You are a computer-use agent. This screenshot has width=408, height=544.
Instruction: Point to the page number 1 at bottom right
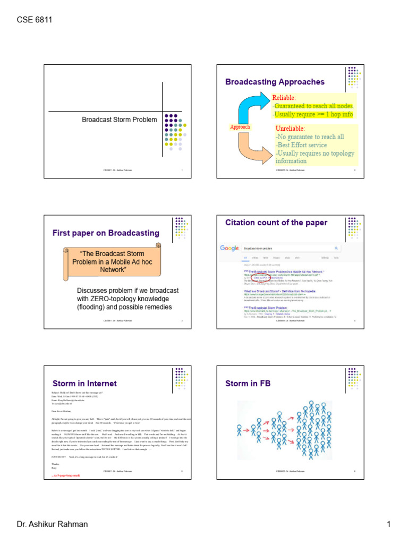click(x=388, y=525)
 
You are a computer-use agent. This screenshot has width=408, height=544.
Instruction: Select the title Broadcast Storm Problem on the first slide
click(x=119, y=120)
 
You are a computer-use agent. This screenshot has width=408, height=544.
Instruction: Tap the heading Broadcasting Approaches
click(x=275, y=82)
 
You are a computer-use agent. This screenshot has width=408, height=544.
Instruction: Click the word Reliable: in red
click(x=284, y=98)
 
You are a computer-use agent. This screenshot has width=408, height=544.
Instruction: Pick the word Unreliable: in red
click(x=291, y=129)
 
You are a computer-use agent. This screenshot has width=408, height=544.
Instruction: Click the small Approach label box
click(x=239, y=127)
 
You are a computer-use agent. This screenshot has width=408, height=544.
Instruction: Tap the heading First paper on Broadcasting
click(x=106, y=233)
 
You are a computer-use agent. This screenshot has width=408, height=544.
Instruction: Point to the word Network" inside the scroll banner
click(x=116, y=269)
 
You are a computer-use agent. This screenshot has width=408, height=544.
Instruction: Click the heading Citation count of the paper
click(x=276, y=223)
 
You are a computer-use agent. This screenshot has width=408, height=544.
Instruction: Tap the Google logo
click(x=229, y=248)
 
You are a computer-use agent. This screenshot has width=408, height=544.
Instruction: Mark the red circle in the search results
click(x=258, y=277)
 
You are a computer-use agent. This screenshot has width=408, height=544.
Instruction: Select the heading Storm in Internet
click(x=84, y=383)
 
